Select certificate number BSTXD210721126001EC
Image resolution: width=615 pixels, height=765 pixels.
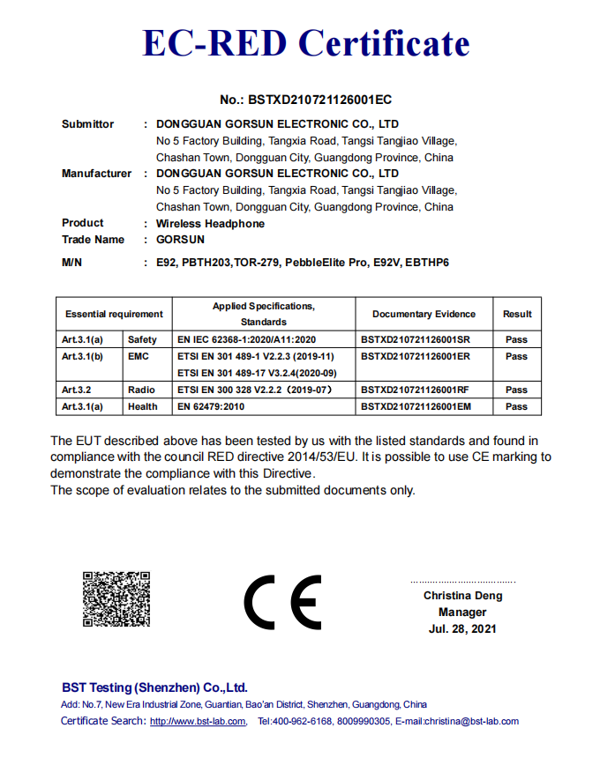pos(305,100)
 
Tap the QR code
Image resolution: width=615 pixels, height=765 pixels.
pos(115,599)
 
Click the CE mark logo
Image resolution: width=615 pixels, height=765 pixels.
pos(282,604)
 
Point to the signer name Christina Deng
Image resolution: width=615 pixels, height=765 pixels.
pos(462,596)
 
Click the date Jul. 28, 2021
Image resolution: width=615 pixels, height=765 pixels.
pos(462,629)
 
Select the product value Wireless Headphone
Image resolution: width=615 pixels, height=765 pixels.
pos(210,224)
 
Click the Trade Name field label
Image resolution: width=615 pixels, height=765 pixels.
pos(93,240)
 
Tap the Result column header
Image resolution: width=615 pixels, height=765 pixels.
pos(517,314)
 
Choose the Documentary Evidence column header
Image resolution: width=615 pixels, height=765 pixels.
pos(424,314)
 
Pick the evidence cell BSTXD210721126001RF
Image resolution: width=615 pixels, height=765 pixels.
pos(415,390)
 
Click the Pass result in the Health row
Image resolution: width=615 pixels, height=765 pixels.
pos(517,406)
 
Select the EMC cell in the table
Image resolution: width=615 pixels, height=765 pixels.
pos(139,356)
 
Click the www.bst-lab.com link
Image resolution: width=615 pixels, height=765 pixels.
pos(198,722)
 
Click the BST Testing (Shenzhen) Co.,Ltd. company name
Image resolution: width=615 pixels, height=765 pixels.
pos(154,687)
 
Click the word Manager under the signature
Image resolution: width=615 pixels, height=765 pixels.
pos(462,613)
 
